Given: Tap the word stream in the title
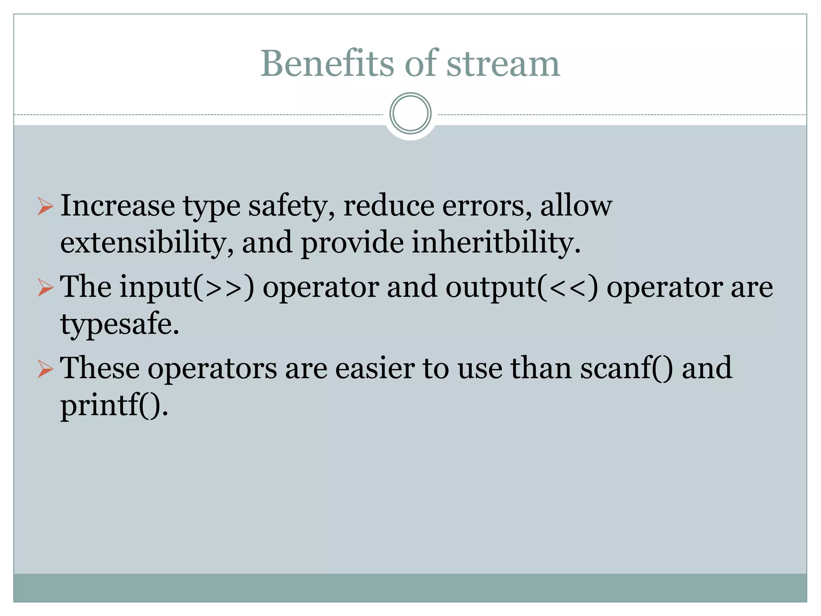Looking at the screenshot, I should coord(503,64).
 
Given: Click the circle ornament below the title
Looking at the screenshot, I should coord(410,113).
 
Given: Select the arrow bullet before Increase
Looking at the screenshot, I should coord(45,206).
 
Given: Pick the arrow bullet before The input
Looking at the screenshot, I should coord(45,288).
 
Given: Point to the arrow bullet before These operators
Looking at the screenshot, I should coord(45,369).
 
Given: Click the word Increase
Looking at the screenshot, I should coord(117,205).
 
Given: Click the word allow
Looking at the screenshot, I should coord(576,205).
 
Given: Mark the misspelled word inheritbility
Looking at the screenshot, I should coord(496,243).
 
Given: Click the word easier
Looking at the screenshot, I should coord(375,368).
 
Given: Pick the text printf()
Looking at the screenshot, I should coord(114,406).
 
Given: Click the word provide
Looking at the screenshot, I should coord(352,243).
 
